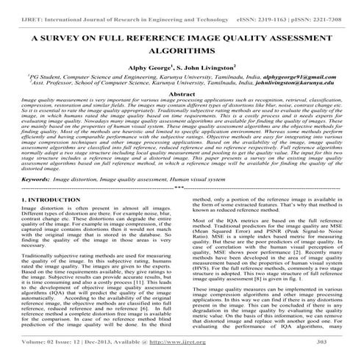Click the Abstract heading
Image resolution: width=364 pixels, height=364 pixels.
[x=182, y=96]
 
